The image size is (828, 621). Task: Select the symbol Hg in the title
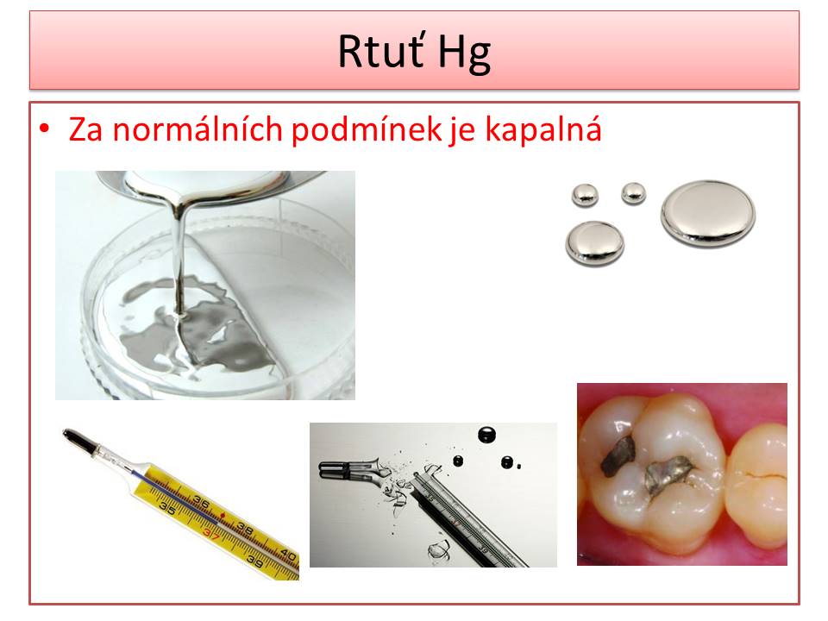(x=464, y=53)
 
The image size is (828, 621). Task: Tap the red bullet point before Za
(x=44, y=129)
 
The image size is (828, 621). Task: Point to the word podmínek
(x=367, y=130)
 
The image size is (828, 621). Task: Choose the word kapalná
(x=543, y=130)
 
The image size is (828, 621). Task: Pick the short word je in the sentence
(x=462, y=132)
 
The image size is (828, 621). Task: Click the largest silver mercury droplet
(x=707, y=213)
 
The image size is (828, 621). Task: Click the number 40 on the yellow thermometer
(x=288, y=555)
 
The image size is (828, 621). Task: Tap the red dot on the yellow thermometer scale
(x=223, y=514)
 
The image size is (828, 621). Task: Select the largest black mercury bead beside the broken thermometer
(x=486, y=435)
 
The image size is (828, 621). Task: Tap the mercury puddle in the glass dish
(x=196, y=328)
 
